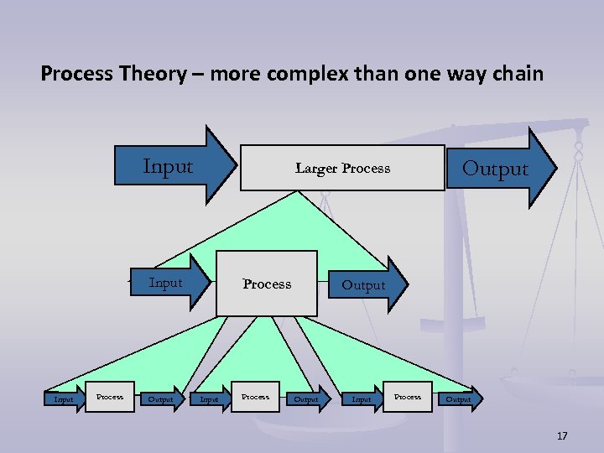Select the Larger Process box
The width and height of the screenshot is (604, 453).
(342, 168)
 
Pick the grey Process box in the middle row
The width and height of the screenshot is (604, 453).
(267, 284)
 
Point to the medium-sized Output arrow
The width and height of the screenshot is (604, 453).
(367, 285)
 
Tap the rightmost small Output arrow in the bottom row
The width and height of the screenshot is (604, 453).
(460, 399)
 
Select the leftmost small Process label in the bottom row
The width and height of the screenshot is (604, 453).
(110, 397)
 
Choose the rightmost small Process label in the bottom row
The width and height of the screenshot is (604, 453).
(408, 397)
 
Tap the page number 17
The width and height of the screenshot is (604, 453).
(562, 436)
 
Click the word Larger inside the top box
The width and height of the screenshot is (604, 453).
(315, 169)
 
